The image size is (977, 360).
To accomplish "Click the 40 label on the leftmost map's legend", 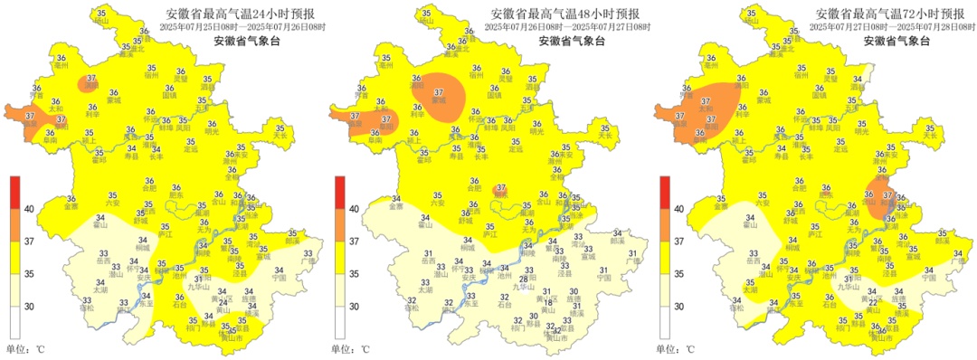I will [x=30, y=209].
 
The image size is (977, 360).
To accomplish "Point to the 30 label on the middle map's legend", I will [x=356, y=307].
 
